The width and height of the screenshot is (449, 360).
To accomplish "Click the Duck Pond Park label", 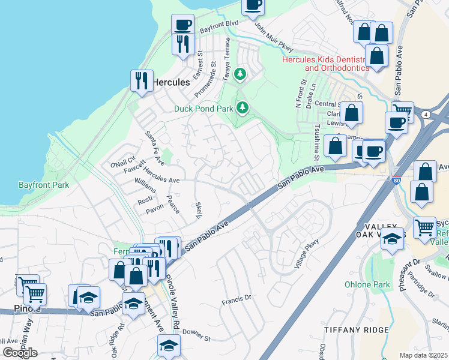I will click(203, 109).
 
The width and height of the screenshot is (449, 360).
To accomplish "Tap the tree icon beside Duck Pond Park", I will click(243, 107).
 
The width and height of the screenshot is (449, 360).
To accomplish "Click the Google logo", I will click(20, 352).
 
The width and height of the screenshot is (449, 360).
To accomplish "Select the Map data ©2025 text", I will click(424, 355).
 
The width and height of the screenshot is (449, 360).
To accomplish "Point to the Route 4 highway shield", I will click(426, 114).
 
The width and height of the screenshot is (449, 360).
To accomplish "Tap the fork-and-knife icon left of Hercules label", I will click(142, 80).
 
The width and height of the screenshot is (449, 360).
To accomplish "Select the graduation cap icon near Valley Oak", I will click(391, 239).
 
